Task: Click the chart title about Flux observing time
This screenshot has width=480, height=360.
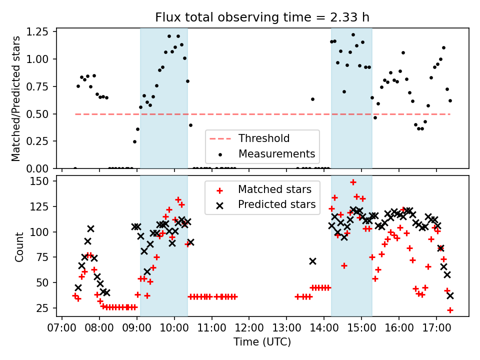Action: [x=262, y=18]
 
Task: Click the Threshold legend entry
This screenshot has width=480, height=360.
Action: [x=263, y=138]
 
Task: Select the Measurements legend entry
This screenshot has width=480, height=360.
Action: [x=276, y=153]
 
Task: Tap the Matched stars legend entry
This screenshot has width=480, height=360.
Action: [x=274, y=189]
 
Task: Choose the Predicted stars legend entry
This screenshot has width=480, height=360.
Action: [x=276, y=204]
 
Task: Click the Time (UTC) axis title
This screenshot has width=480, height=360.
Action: [x=262, y=342]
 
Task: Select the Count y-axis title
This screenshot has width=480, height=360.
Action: [x=19, y=246]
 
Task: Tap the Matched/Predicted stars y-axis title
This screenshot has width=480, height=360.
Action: [x=16, y=98]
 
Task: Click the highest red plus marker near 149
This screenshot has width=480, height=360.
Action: [x=353, y=182]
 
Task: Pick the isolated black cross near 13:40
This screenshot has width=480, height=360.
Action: [x=312, y=261]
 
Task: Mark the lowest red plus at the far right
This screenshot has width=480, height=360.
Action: [x=450, y=310]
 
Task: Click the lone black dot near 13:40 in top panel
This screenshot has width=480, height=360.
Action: [x=312, y=99]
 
